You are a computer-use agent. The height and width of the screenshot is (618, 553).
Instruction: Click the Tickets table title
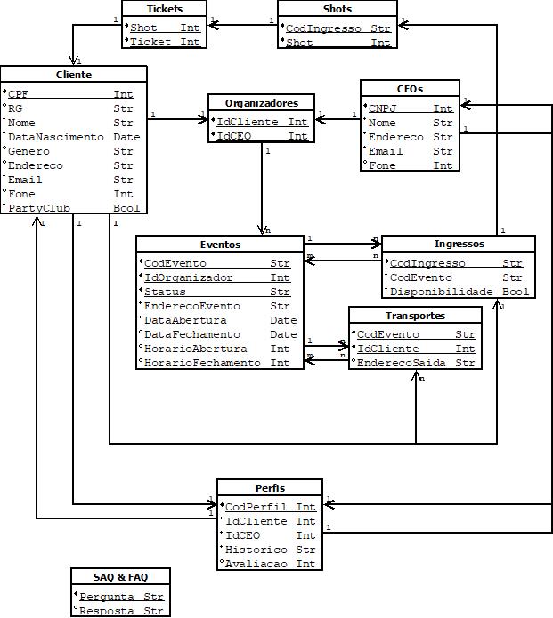[x=164, y=9]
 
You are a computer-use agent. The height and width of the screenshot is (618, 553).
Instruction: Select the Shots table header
[x=337, y=9]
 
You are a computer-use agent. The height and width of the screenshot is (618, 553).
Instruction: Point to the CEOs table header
[x=409, y=89]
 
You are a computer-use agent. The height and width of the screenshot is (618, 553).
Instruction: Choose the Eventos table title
[x=220, y=244]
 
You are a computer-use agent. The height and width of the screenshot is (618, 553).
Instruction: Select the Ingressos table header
[x=459, y=244]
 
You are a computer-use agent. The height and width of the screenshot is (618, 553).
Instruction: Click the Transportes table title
[x=415, y=315]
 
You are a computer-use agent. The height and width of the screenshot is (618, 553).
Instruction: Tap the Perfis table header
[x=270, y=487]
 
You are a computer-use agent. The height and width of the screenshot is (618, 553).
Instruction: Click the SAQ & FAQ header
[x=120, y=577]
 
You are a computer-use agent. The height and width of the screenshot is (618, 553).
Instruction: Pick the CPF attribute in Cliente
[x=19, y=94]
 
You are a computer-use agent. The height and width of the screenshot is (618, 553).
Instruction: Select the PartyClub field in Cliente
[x=38, y=208]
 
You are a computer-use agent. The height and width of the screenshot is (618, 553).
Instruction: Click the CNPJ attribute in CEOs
[x=382, y=108]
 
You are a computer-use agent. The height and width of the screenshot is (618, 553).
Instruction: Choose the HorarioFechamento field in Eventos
[x=203, y=363]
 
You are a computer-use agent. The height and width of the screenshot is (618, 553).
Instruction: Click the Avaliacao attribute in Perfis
[x=252, y=564]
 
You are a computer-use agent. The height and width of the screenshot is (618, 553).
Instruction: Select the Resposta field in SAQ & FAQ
[x=108, y=611]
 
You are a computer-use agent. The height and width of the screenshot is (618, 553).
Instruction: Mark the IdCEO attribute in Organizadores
[x=235, y=137]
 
